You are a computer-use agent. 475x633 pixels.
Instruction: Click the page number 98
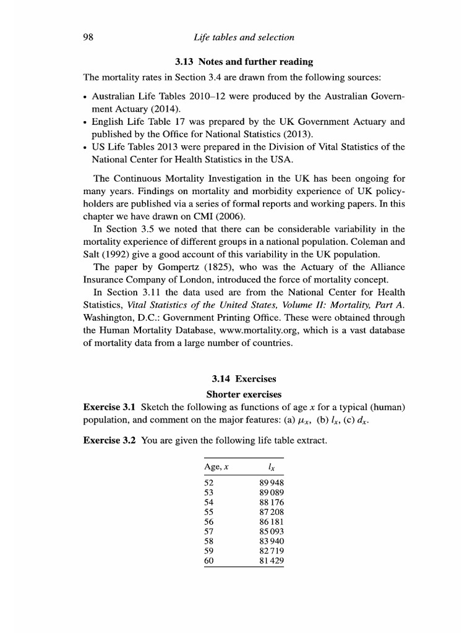pyautogui.click(x=88, y=38)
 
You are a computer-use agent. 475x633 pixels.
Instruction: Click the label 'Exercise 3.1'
pyautogui.click(x=109, y=407)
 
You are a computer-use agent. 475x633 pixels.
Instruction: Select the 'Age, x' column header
pyautogui.click(x=216, y=467)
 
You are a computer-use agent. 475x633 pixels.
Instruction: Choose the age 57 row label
pyautogui.click(x=208, y=531)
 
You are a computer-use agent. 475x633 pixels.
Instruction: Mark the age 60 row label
pyautogui.click(x=208, y=561)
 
